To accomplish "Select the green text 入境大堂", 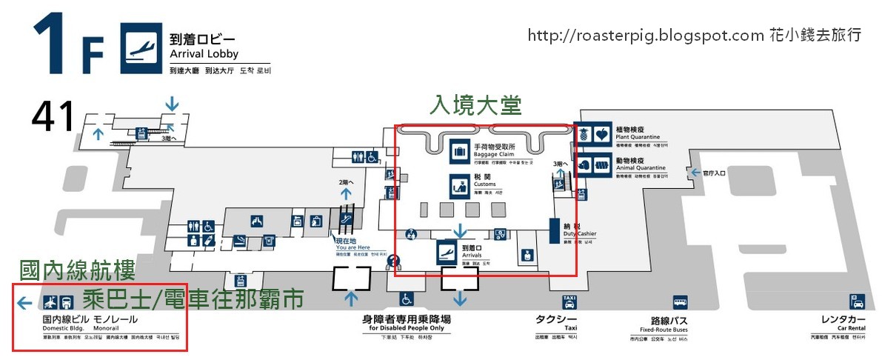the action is (476, 106).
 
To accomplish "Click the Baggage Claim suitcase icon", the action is (459, 150).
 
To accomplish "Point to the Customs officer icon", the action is (459, 185).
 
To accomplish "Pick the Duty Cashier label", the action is (579, 230).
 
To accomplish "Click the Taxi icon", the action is (569, 302).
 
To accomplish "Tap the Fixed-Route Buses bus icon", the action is (680, 302).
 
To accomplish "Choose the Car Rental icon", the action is (857, 302).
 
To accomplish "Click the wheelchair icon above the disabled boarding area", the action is (407, 299).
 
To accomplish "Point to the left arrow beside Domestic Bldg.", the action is (24, 302).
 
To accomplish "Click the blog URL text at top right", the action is (695, 35).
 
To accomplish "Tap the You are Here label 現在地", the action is (346, 241).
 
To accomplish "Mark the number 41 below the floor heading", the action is (53, 116).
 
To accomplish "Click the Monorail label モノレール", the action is (115, 319).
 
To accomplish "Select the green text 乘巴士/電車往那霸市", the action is (193, 299).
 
